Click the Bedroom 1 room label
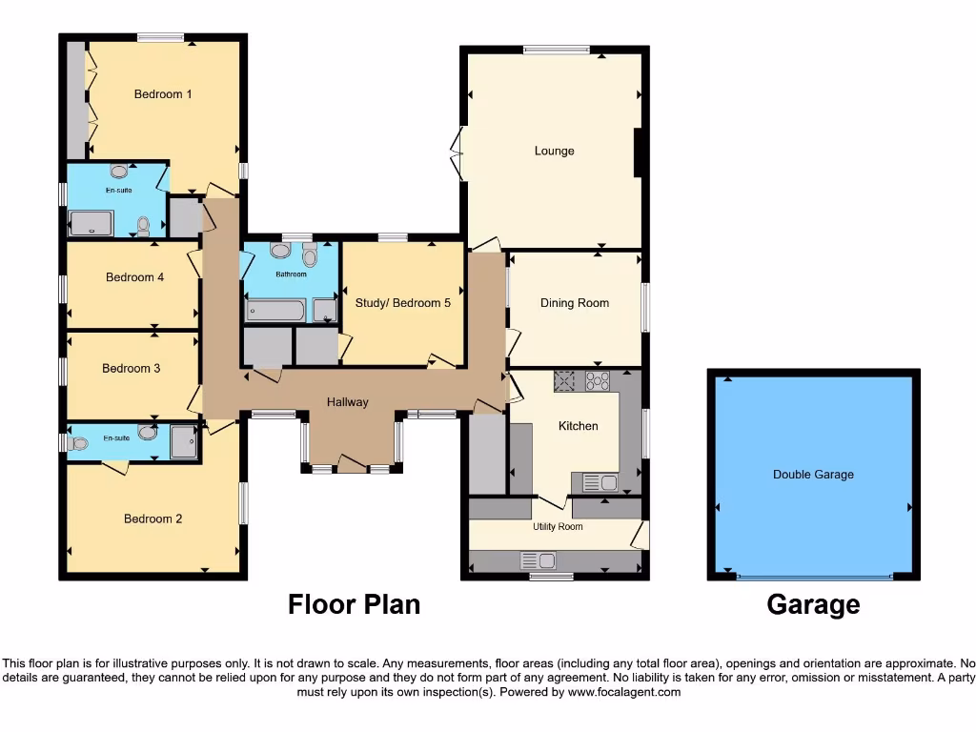coord(163,94)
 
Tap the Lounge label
coord(554,151)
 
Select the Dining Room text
coord(574,303)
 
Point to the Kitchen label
coord(578,426)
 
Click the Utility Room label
coord(558,527)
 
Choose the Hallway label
coord(347,402)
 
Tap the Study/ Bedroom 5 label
coord(402,303)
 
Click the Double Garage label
coord(813,475)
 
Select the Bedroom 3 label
coord(132,368)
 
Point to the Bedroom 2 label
coord(152,519)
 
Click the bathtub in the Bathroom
coord(275,310)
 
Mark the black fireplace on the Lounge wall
coord(639,152)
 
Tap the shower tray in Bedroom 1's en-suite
coord(91,224)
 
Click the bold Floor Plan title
coord(354,604)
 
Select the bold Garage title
coord(813,604)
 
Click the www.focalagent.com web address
coord(624,692)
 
